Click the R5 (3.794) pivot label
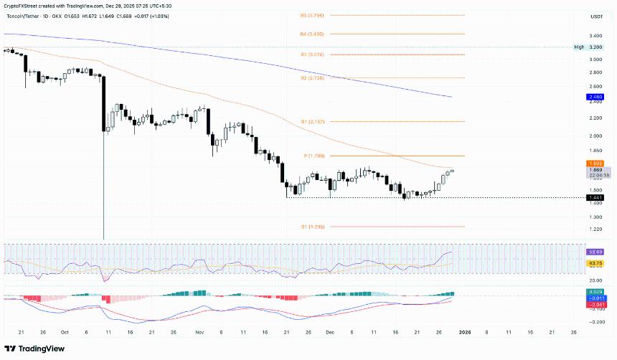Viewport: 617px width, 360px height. tap(313, 14)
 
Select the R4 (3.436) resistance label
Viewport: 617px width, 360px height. tap(313, 34)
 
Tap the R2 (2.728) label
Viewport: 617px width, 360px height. tap(313, 77)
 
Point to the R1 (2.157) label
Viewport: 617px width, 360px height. tap(313, 122)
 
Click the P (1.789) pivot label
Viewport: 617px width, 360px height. tap(314, 156)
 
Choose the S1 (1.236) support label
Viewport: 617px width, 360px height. tap(313, 227)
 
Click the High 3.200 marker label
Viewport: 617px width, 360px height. tap(589, 47)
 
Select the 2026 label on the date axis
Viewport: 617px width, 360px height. tap(465, 333)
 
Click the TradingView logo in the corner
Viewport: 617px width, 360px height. tap(35, 349)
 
